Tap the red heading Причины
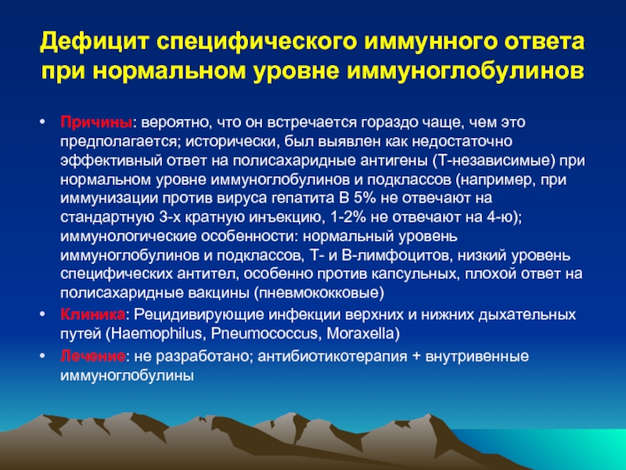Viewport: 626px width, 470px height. (x=95, y=122)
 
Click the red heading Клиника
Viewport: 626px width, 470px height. (x=92, y=315)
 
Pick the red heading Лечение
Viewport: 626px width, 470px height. (x=92, y=356)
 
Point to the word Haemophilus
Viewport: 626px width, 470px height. (x=153, y=334)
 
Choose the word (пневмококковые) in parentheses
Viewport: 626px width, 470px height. (x=319, y=293)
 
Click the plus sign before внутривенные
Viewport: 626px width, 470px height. (x=416, y=356)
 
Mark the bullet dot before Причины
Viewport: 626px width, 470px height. (x=43, y=121)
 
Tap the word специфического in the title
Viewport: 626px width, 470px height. (x=257, y=42)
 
